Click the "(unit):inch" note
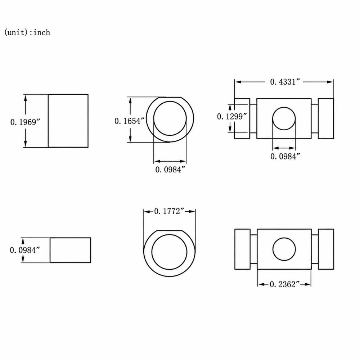click(27, 32)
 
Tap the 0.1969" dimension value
click(25, 122)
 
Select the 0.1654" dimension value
click(130, 121)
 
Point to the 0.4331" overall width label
click(285, 82)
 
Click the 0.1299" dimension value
click(232, 116)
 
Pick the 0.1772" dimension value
click(169, 211)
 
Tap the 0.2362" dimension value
click(285, 284)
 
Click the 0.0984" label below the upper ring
click(170, 170)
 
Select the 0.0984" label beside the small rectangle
click(25, 250)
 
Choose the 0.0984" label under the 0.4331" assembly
click(285, 156)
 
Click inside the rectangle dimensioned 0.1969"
click(68, 121)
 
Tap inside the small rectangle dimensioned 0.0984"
click(70, 250)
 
